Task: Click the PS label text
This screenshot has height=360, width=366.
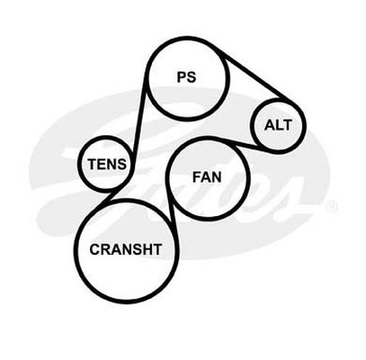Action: tap(186, 77)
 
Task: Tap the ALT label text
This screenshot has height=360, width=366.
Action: tap(278, 125)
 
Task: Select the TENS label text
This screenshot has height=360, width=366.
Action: tap(107, 164)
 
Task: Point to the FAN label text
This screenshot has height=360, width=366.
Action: tap(207, 177)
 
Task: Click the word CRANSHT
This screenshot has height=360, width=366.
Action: tap(126, 249)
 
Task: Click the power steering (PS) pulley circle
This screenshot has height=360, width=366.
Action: tap(147, 78)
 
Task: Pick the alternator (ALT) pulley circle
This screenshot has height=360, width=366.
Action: tap(253, 126)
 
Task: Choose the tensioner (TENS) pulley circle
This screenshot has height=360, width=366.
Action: tap(80, 164)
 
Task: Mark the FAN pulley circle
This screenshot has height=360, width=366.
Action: tap(169, 178)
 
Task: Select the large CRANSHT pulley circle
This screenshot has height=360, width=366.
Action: tap(76, 250)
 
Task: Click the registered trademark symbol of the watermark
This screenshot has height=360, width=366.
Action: tap(332, 207)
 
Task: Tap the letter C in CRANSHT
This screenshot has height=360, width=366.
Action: tap(94, 249)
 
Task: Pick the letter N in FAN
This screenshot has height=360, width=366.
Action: tap(216, 177)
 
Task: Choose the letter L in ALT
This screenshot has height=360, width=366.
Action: tap(279, 125)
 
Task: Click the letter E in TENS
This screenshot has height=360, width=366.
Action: tap(102, 164)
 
